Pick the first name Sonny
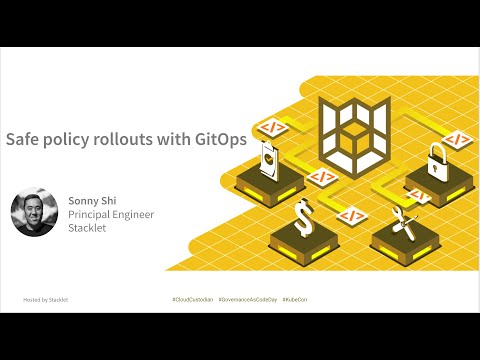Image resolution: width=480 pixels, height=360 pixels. [x=81, y=198]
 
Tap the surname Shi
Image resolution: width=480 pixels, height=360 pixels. [x=107, y=198]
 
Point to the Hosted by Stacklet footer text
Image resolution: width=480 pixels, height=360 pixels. [x=46, y=299]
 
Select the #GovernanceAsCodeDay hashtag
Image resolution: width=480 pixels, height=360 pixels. [x=248, y=299]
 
